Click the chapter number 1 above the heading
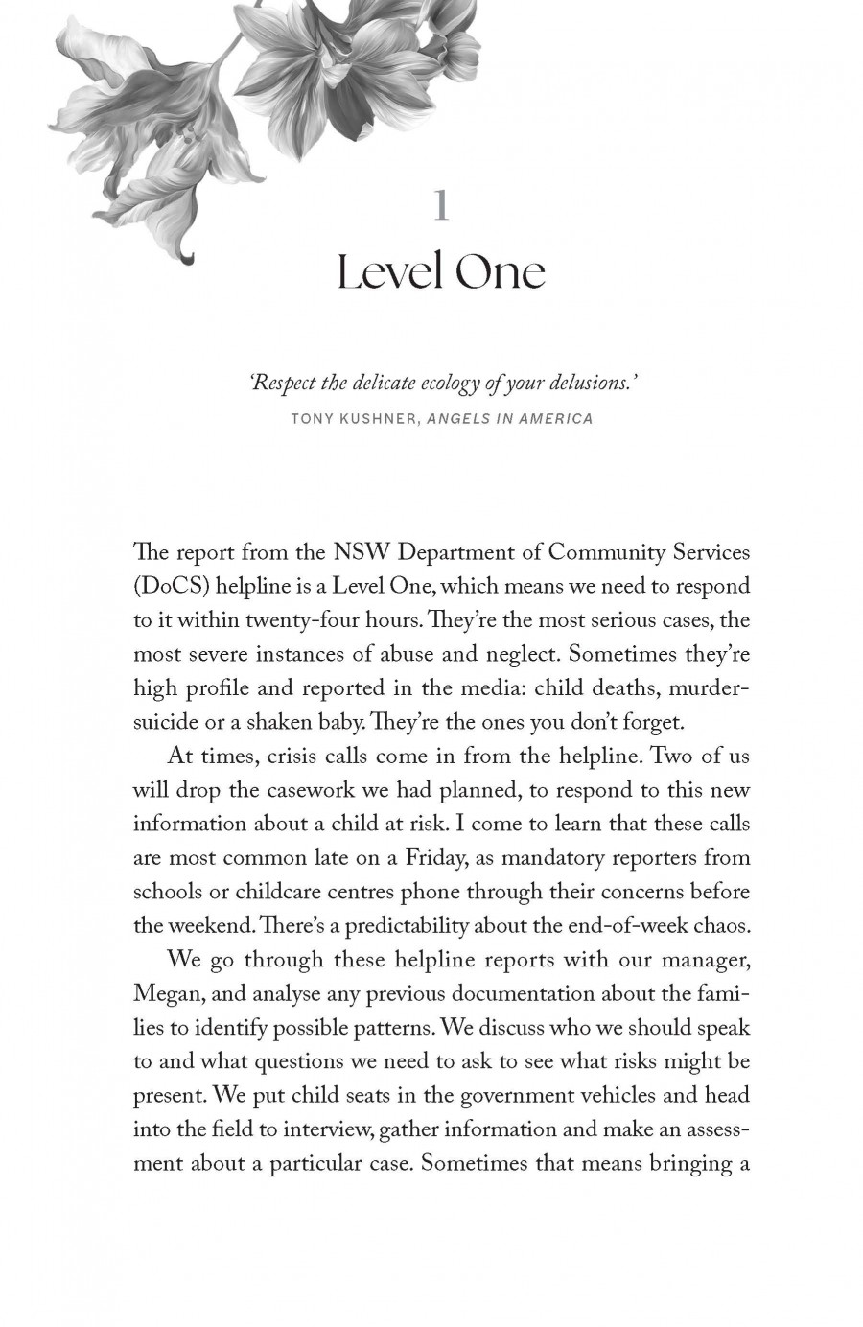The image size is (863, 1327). (x=441, y=205)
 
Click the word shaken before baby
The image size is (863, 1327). (x=270, y=722)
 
